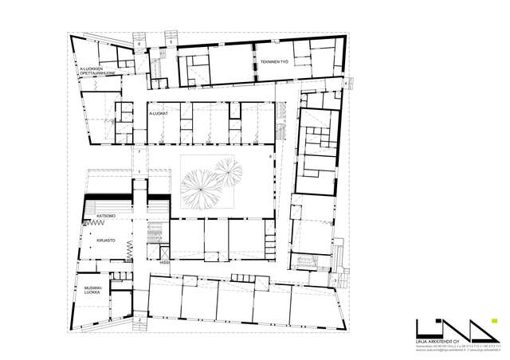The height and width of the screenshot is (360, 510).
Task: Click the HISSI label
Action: click(x=164, y=262)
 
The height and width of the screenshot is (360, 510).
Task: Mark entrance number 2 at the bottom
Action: click(x=139, y=319)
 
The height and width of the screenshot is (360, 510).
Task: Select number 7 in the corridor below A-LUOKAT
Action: click(x=139, y=150)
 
